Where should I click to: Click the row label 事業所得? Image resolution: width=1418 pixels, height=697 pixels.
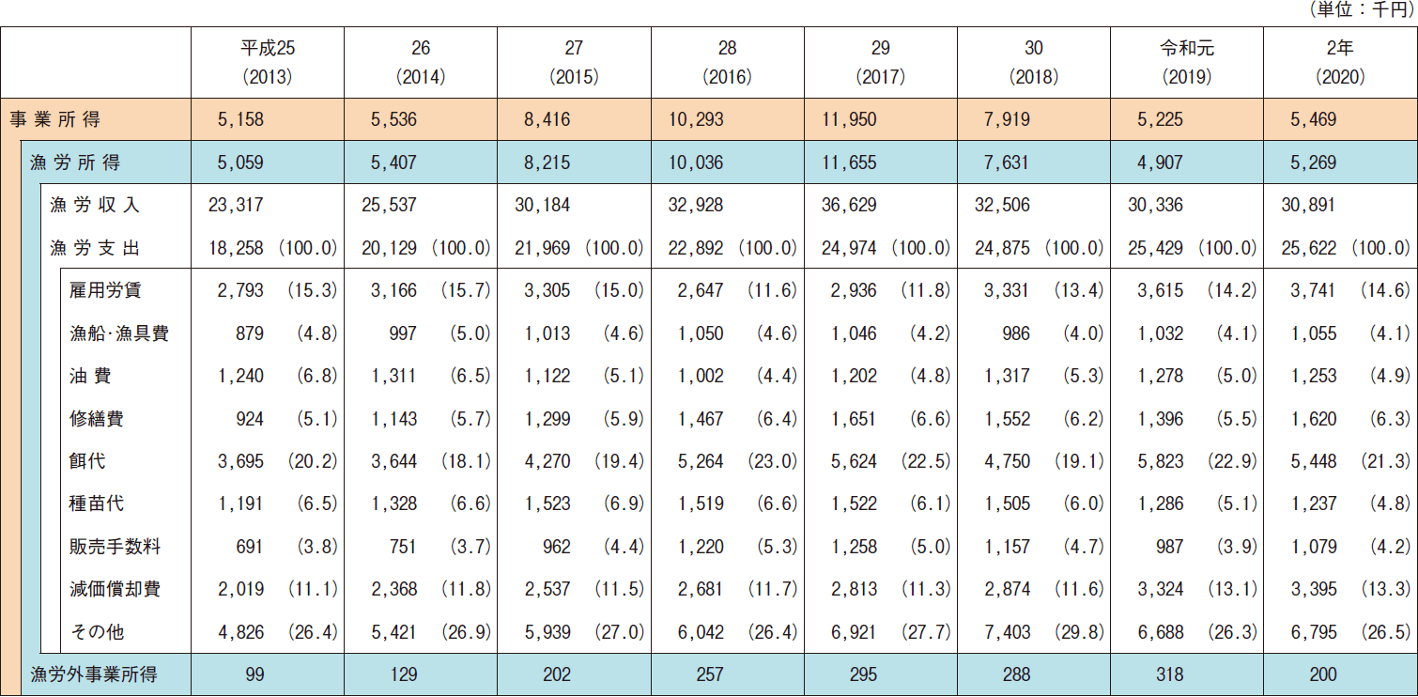[54, 120]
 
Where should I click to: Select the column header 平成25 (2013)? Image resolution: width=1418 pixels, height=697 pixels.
[267, 62]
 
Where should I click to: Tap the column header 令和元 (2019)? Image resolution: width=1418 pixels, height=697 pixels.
[1187, 62]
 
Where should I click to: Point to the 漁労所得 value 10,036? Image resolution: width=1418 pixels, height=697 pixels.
[698, 163]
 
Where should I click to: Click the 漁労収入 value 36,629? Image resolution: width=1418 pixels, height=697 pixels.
[852, 206]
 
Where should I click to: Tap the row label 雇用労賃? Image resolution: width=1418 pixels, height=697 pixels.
[105, 291]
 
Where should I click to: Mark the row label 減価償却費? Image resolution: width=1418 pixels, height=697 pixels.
[115, 589]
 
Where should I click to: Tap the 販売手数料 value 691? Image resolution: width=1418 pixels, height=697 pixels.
[247, 547]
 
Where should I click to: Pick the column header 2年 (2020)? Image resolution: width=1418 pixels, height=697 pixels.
[1340, 62]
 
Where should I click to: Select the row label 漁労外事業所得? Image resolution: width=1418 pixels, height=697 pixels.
[94, 674]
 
